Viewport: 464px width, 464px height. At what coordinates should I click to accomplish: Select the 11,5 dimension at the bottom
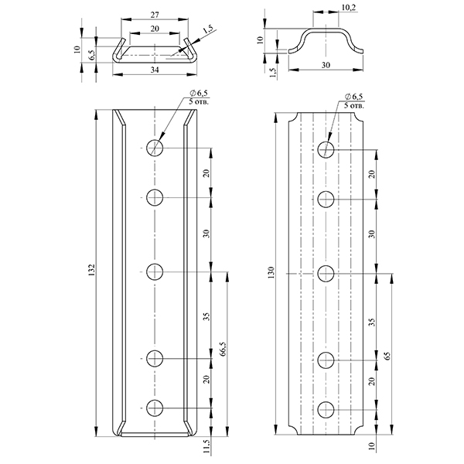(205, 447)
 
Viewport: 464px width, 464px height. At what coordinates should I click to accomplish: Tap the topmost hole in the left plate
(155, 148)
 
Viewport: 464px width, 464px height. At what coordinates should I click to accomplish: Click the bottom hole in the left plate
(155, 408)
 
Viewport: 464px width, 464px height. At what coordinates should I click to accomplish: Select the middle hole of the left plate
(155, 271)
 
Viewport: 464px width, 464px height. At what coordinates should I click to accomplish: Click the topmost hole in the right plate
(326, 148)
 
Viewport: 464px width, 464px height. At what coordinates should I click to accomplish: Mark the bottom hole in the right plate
(326, 408)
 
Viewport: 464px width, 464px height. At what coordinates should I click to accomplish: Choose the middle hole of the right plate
(326, 272)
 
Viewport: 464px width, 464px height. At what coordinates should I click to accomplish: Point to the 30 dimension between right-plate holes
(371, 234)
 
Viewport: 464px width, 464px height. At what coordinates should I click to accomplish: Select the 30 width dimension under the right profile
(326, 66)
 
